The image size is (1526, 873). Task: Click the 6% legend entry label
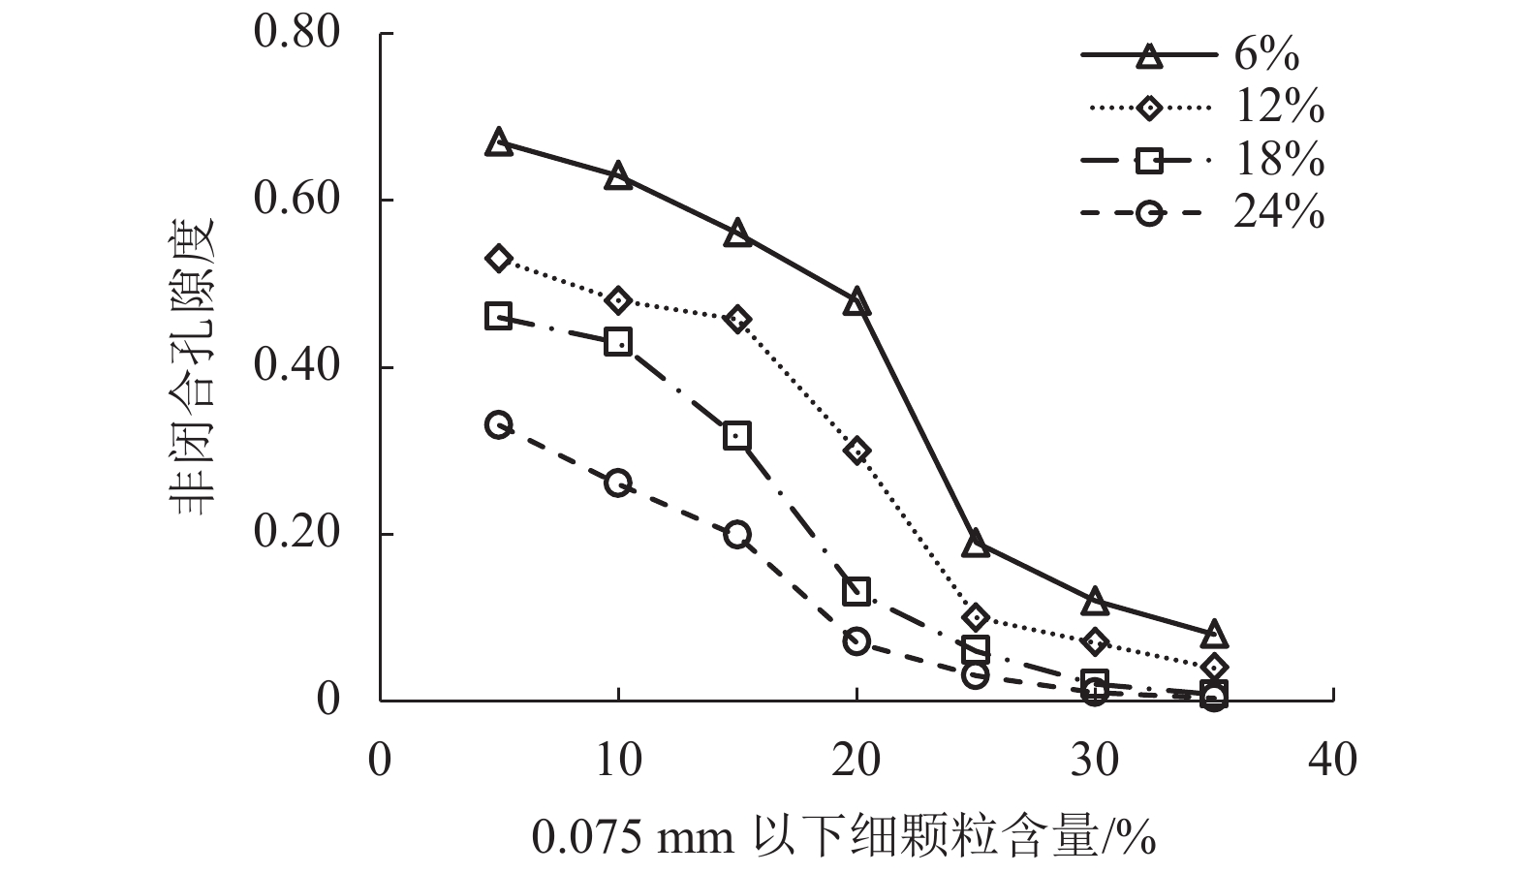point(1265,55)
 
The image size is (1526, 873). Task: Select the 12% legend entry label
point(1279,108)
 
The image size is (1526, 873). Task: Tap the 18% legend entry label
point(1279,160)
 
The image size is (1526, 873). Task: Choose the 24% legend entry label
point(1279,212)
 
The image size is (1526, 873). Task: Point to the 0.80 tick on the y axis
point(297,33)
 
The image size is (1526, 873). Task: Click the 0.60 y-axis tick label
point(297,200)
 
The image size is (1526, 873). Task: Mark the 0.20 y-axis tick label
point(297,533)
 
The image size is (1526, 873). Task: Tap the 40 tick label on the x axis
point(1333,761)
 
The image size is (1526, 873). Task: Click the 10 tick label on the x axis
point(618,761)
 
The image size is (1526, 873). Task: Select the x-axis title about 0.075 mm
point(843,835)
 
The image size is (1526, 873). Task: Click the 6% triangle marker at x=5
point(498,141)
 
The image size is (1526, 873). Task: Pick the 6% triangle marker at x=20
point(856,302)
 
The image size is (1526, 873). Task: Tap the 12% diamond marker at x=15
point(737,320)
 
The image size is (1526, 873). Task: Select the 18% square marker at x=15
point(737,435)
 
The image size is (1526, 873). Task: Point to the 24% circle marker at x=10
point(618,483)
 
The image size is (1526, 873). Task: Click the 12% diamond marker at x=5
point(498,258)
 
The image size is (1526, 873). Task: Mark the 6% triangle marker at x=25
point(976,544)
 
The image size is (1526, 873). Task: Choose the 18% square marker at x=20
point(856,591)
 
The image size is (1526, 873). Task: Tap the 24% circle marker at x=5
point(498,424)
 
